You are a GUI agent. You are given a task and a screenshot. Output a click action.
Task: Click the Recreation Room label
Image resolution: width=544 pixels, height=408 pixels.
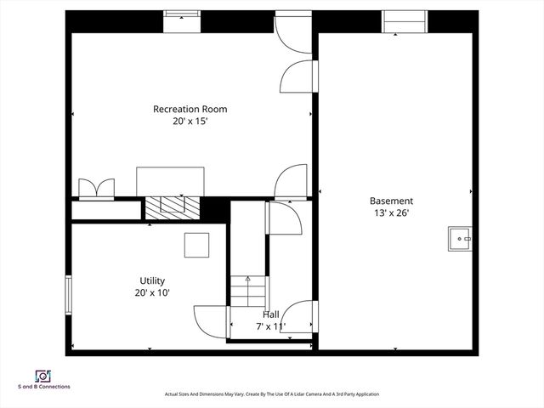pos(190,109)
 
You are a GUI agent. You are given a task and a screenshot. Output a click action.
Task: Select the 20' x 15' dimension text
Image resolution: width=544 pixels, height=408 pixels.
pos(190,122)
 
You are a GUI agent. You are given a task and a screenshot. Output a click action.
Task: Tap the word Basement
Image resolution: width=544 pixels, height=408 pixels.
pos(391,201)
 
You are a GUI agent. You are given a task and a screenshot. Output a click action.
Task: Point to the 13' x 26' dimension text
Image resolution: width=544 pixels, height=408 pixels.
pos(391,213)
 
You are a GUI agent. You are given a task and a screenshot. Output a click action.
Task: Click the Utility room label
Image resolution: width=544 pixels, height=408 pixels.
pos(152,280)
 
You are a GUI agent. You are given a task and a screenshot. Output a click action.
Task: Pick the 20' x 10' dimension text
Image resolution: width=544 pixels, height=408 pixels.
pos(152,292)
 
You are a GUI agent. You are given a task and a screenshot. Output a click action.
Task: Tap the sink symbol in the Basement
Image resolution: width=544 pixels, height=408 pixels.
pos(460,240)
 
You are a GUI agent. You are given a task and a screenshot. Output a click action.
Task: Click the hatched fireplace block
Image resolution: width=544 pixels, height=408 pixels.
pos(171,207)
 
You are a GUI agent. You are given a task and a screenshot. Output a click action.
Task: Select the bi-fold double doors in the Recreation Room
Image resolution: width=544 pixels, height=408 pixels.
pos(94,188)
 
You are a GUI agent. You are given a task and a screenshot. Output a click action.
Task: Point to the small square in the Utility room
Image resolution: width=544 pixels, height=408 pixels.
pos(198,245)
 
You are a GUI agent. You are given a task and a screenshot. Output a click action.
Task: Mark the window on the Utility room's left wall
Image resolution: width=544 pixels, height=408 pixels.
pos(69,294)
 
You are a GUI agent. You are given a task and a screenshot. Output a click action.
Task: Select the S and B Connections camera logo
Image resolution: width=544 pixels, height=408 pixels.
pos(42,376)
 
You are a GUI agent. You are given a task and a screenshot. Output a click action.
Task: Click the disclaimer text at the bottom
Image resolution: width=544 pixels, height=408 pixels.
pos(271,394)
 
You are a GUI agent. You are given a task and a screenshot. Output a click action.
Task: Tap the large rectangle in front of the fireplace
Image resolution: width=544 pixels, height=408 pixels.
pos(170,180)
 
